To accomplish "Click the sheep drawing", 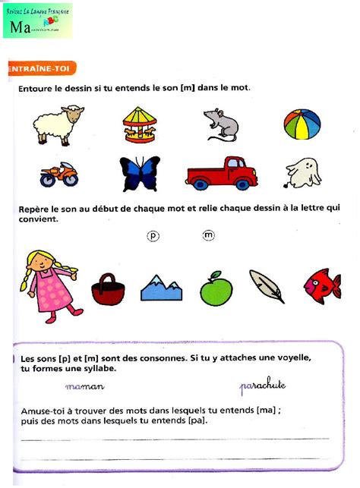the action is (x=58, y=124).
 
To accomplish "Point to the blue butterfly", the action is (x=141, y=174).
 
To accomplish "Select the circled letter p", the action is (x=153, y=237).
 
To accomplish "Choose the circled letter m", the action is (x=209, y=236).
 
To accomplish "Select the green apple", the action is (x=216, y=288).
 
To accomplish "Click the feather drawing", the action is (x=267, y=286).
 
